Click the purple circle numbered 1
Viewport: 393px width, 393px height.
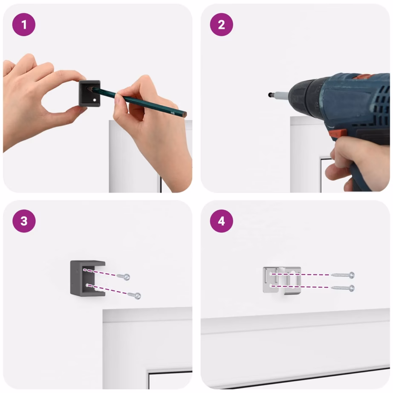(24, 25)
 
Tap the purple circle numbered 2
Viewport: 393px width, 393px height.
(221, 25)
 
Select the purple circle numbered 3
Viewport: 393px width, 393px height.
(24, 221)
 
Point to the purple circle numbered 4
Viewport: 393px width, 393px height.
(221, 221)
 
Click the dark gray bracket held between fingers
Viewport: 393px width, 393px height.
(90, 93)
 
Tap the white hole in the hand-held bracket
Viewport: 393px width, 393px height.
(95, 100)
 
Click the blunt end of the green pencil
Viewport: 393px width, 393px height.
(185, 115)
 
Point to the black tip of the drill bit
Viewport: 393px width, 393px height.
(270, 95)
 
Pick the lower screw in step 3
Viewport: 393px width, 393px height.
(134, 295)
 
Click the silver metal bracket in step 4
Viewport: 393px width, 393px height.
(282, 280)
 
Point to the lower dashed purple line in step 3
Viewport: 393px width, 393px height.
(107, 289)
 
